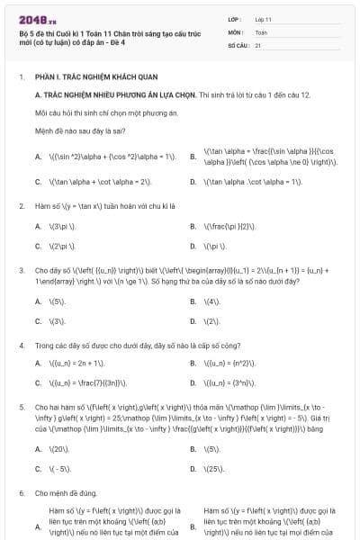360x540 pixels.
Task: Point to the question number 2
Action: (x=21, y=206)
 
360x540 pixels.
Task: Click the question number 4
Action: (x=21, y=345)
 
